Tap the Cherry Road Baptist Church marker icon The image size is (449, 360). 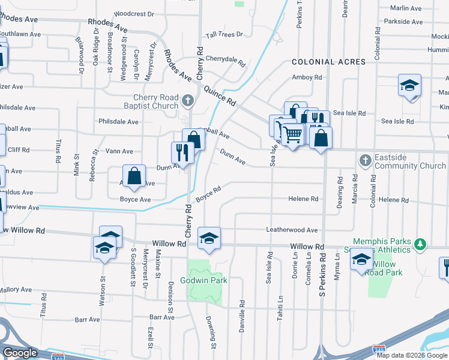click(188, 100)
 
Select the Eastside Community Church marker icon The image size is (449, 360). click(365, 161)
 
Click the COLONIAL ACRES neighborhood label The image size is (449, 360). click(328, 62)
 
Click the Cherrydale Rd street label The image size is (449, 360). click(226, 61)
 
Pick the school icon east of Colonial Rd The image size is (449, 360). click(409, 85)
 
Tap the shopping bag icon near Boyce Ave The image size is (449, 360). click(134, 176)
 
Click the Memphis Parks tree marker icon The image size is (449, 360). click(421, 244)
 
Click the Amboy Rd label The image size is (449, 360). click(307, 77)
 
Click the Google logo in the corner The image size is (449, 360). click(19, 353)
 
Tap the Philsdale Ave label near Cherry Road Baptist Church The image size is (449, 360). click(118, 122)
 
